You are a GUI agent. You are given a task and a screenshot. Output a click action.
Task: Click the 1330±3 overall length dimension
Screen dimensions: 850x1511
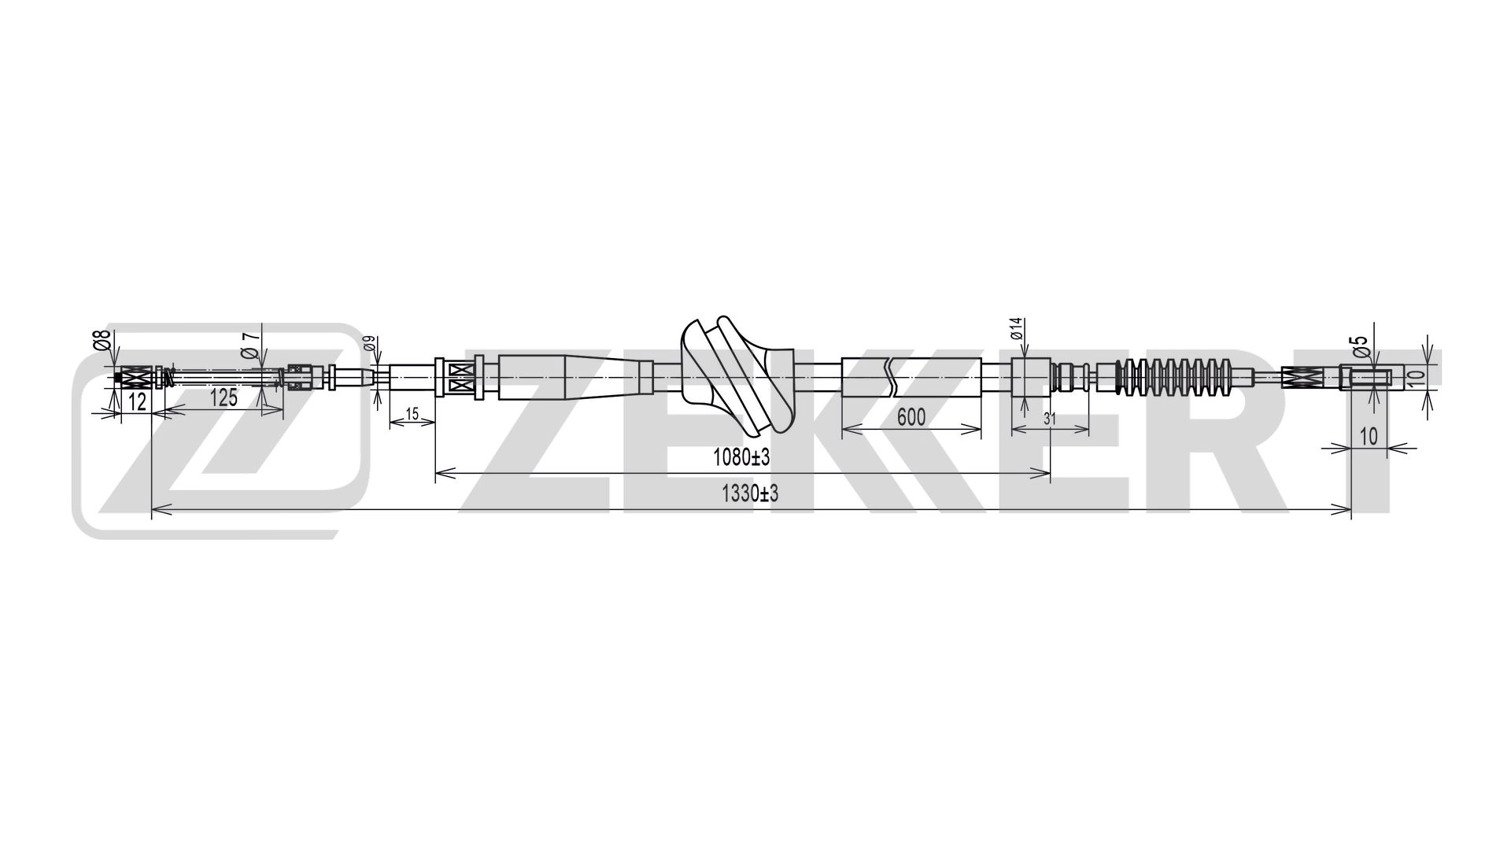click(749, 494)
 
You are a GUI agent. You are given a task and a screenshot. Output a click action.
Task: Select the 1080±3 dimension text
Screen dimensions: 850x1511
click(740, 456)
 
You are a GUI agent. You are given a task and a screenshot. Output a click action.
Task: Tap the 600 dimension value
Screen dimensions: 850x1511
click(911, 416)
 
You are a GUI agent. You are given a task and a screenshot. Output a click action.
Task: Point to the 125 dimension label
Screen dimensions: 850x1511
click(224, 397)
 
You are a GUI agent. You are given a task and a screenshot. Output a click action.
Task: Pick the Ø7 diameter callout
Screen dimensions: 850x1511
click(250, 344)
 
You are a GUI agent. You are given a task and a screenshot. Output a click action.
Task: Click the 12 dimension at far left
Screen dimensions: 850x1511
click(137, 402)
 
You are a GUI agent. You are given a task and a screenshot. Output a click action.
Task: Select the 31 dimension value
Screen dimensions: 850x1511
click(1049, 419)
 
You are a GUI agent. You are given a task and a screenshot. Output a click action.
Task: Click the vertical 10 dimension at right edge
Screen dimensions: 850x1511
click(1416, 378)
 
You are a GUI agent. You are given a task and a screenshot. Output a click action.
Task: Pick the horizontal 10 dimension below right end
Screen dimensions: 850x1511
click(1369, 436)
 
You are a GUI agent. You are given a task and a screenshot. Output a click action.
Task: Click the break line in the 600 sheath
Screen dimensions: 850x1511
click(891, 378)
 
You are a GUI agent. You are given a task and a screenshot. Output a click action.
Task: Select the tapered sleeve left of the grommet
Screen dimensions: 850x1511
click(574, 379)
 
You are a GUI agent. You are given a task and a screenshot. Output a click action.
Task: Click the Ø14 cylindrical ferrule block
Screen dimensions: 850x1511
click(1031, 379)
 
